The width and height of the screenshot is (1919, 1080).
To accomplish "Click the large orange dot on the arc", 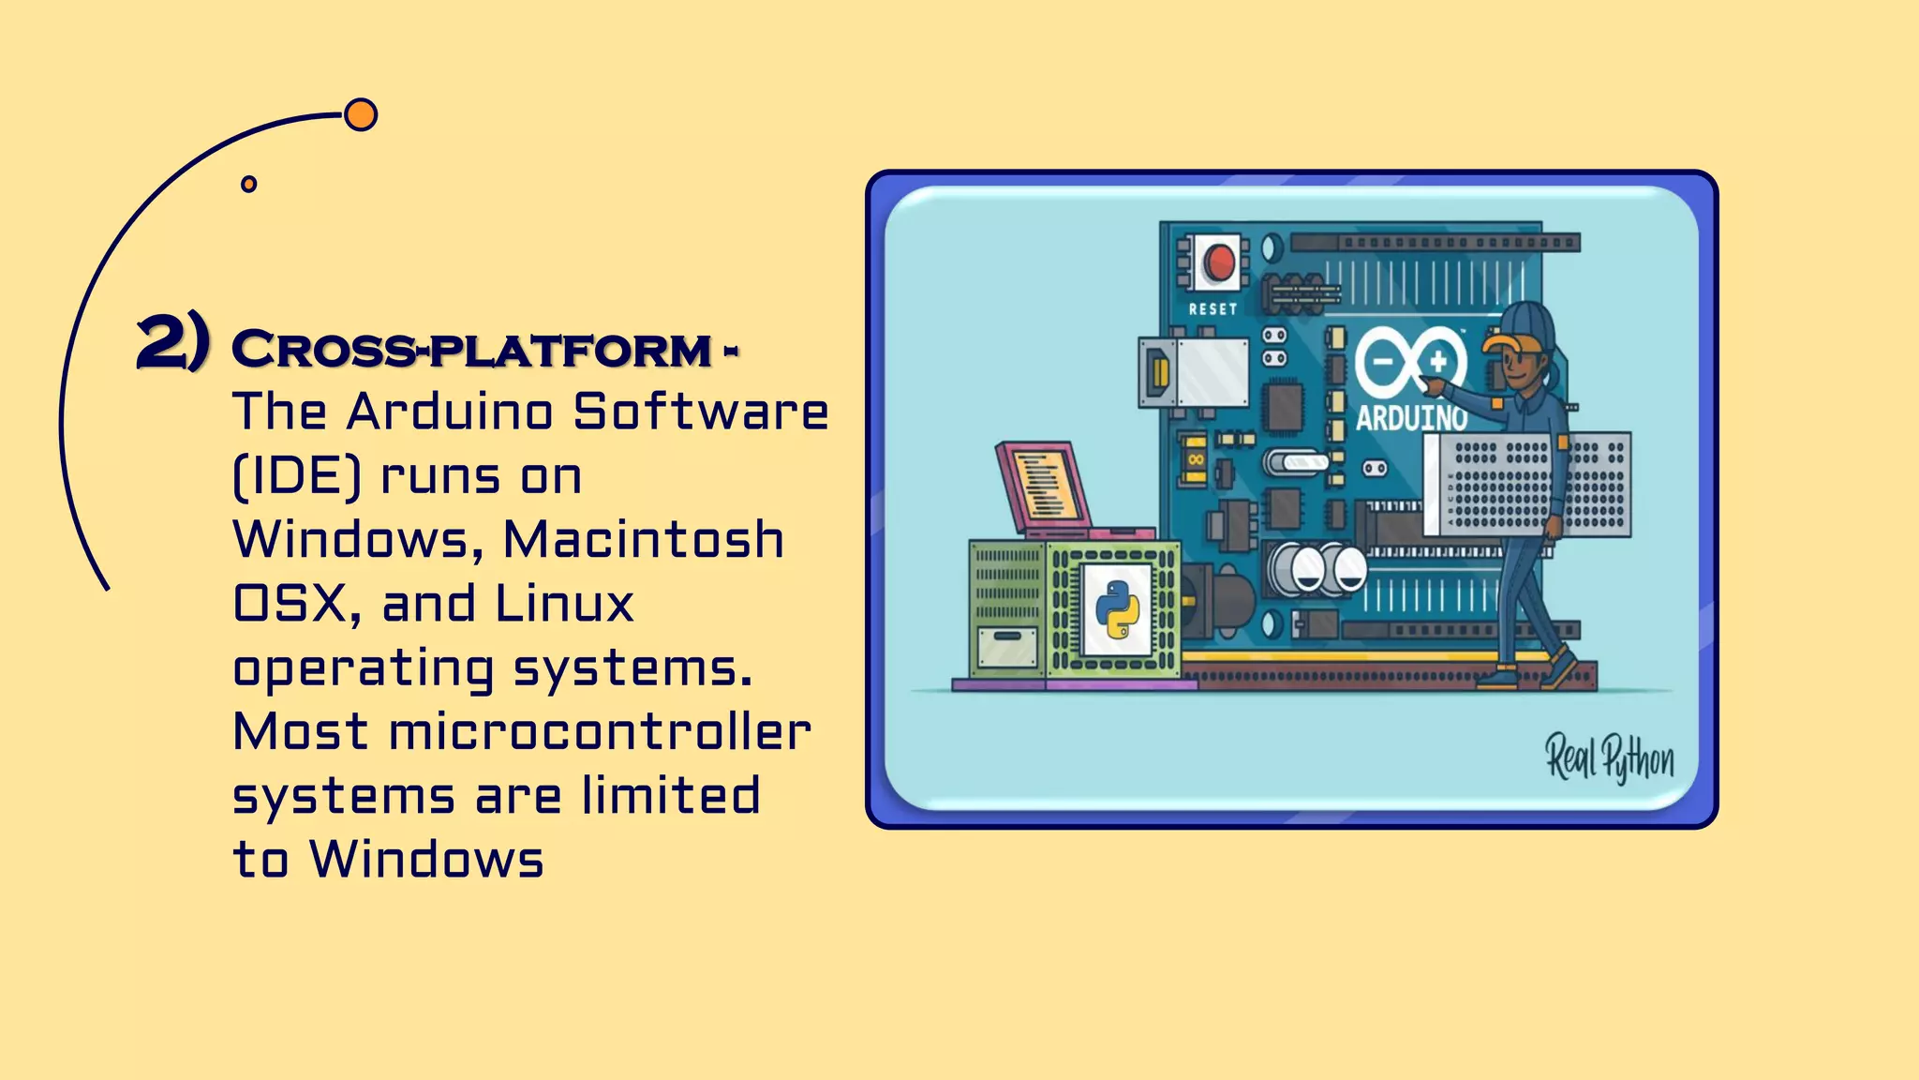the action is [x=361, y=115].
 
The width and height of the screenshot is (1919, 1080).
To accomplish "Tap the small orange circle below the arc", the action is [x=248, y=184].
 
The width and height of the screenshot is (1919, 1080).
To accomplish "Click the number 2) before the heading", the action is [x=173, y=344].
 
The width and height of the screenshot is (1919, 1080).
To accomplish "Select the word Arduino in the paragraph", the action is [x=450, y=412].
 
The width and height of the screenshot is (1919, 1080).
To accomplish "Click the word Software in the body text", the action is [x=701, y=412].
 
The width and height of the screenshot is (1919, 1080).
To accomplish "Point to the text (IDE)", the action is [x=296, y=476].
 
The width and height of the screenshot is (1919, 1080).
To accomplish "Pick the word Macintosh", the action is [x=644, y=540].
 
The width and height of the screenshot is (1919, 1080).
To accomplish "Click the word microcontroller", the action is [x=600, y=732].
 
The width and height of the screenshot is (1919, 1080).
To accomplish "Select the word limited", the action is [x=670, y=796].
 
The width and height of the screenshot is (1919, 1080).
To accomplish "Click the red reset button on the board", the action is [x=1219, y=262].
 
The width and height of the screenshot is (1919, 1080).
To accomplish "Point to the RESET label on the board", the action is [x=1212, y=309].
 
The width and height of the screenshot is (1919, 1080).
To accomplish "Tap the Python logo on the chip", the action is [x=1117, y=609].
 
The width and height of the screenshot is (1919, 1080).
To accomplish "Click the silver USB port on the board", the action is [x=1195, y=372].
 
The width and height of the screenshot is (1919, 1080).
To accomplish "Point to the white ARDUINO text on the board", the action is [x=1411, y=417].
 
